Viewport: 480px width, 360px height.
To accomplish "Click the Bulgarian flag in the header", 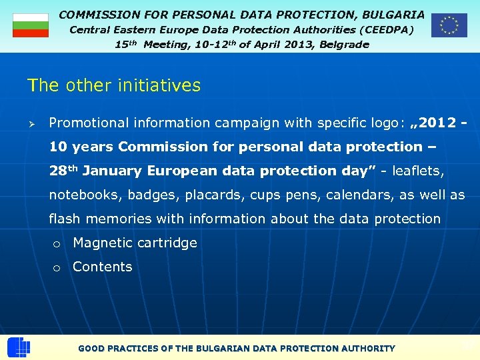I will click(31, 25).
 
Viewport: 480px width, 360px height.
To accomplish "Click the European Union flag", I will click(449, 25).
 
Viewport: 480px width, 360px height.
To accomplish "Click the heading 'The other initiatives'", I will click(114, 85).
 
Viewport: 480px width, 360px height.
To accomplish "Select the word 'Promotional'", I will click(88, 123).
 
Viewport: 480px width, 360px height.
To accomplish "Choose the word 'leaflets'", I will click(417, 171).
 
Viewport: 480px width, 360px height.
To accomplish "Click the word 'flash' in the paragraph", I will click(65, 219).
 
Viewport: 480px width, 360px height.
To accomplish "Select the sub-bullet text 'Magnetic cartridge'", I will click(135, 243).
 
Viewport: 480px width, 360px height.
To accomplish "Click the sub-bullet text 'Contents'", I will click(103, 267).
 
